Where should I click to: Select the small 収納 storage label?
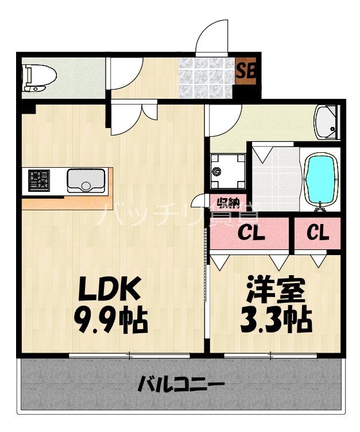tap(228, 203)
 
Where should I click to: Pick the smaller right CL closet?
tap(317, 233)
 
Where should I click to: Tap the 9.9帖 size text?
tap(110, 321)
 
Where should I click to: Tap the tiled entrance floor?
tap(207, 78)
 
